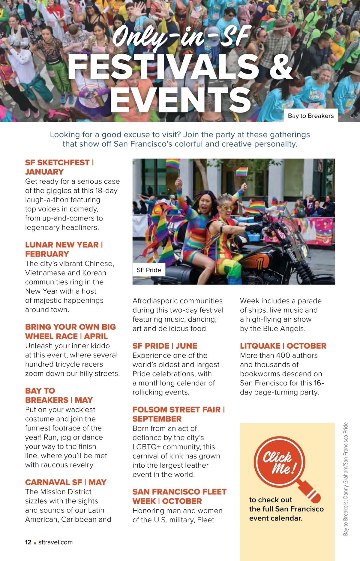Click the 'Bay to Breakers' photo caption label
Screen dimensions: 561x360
(310, 116)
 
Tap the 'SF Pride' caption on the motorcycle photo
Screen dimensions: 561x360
(149, 270)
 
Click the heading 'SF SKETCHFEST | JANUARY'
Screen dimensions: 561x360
(59, 167)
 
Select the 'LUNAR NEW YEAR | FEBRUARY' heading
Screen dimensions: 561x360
(64, 249)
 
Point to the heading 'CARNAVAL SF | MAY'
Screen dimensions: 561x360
(66, 482)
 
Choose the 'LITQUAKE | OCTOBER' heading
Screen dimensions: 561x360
(283, 346)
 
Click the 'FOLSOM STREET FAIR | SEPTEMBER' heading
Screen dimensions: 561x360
(178, 414)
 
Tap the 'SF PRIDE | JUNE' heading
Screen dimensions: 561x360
(165, 346)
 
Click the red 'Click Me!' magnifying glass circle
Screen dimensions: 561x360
(279, 462)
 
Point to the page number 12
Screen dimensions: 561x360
(28, 542)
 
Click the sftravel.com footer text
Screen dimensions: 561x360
(55, 542)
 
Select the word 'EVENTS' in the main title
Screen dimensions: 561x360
(181, 100)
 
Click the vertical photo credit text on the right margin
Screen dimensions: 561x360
(346, 479)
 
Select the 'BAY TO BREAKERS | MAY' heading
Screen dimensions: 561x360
(59, 395)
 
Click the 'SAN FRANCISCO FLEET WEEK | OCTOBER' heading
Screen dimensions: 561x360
(179, 496)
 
